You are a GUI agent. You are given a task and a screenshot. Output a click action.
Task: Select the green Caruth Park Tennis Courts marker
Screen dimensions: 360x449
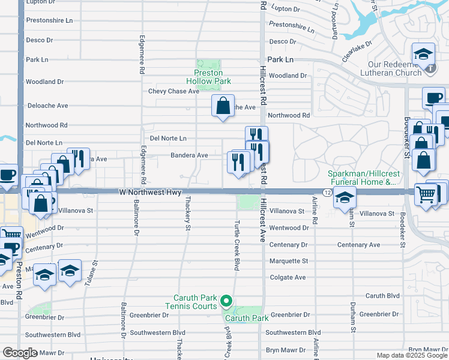tap(226, 301)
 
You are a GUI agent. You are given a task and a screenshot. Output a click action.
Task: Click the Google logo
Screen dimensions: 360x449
tap(20, 353)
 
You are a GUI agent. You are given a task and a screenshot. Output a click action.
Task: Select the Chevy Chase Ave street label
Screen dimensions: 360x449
tap(173, 91)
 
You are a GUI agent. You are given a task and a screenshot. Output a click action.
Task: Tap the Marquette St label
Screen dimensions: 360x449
tap(288, 261)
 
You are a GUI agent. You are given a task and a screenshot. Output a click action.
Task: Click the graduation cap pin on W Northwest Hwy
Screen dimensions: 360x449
tap(345, 196)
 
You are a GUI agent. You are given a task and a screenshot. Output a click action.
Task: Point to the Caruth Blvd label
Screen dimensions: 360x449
tap(382, 296)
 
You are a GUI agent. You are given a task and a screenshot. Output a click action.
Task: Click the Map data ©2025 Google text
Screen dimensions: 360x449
tap(411, 355)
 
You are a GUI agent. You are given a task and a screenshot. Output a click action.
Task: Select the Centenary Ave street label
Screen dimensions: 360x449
tap(358, 245)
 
